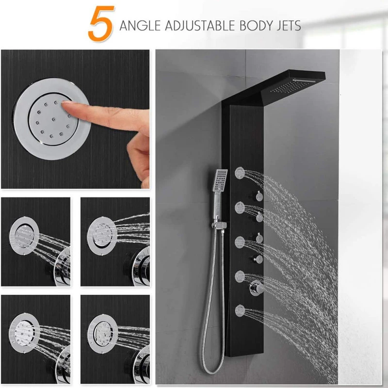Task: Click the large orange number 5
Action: (x=101, y=23)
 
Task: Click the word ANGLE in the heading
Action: (x=140, y=26)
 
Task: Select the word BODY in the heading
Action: (x=257, y=26)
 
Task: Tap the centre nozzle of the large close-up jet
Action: (x=53, y=119)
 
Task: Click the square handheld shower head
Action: (x=220, y=180)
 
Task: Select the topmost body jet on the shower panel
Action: (x=240, y=173)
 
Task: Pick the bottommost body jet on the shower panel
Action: (x=240, y=311)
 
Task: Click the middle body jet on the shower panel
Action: (x=240, y=242)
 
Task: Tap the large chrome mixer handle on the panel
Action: (x=257, y=288)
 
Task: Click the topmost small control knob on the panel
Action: (x=259, y=196)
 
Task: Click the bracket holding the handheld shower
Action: (x=220, y=225)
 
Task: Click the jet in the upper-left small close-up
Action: (x=24, y=236)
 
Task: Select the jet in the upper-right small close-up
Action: (x=102, y=236)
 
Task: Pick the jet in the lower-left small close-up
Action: (x=24, y=333)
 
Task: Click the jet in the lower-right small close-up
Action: (x=102, y=334)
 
